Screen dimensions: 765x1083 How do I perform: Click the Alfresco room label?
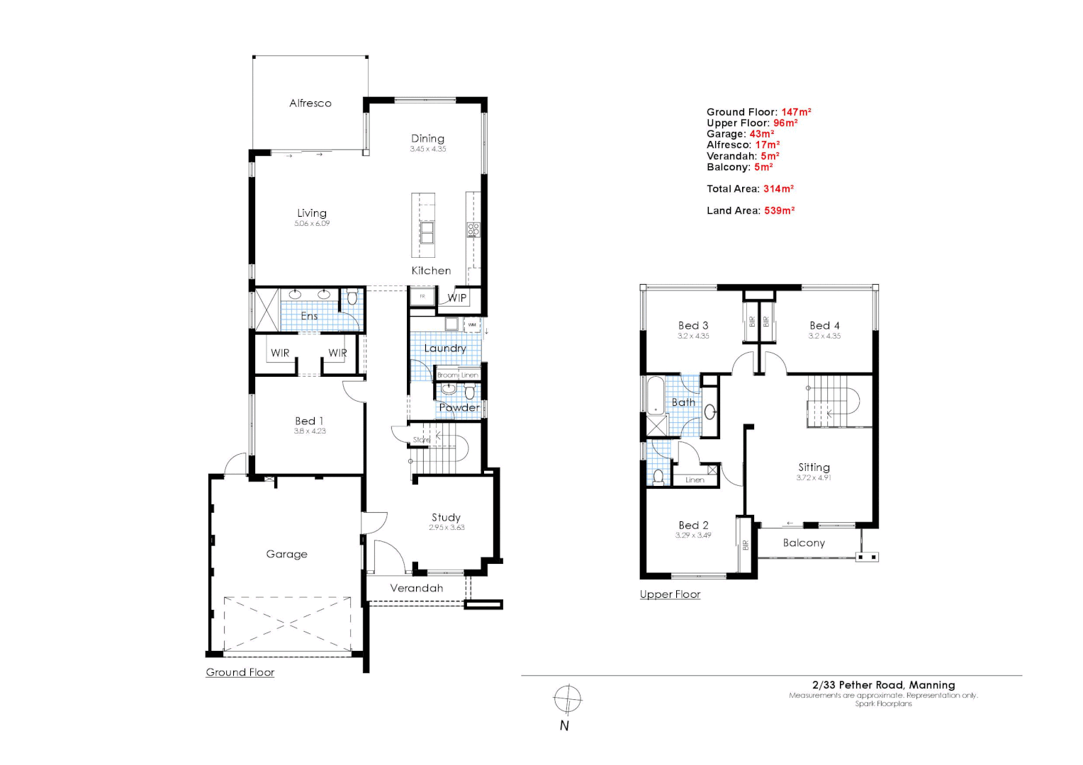coord(310,103)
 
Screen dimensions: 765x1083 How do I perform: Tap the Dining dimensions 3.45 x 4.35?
coord(428,149)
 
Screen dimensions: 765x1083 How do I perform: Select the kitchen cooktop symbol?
coord(473,229)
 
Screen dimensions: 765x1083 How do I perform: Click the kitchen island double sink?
coord(427,232)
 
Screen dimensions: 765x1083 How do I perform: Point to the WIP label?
coord(457,297)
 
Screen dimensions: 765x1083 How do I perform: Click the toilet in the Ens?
coord(352,297)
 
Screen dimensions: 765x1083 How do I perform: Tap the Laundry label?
coord(445,348)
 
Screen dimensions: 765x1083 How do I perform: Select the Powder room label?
coord(459,407)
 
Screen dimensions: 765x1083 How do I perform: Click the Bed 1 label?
coord(309,421)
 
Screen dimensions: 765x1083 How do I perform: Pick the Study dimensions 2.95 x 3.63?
coord(447,528)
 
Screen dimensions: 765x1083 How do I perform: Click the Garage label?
coord(286,554)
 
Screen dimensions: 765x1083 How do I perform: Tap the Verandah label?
coord(416,588)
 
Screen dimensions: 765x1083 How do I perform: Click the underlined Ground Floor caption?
coord(240,672)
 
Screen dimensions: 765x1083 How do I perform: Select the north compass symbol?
coord(567,700)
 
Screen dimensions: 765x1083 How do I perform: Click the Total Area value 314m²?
coord(778,188)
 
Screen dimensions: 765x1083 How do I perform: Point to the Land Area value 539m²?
coord(779,210)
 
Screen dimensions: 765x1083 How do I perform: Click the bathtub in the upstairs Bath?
coord(656,395)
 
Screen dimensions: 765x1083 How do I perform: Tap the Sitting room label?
coord(814,467)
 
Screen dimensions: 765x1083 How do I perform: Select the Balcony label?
coord(804,543)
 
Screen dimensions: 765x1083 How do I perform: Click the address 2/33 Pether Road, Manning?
coord(883,685)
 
